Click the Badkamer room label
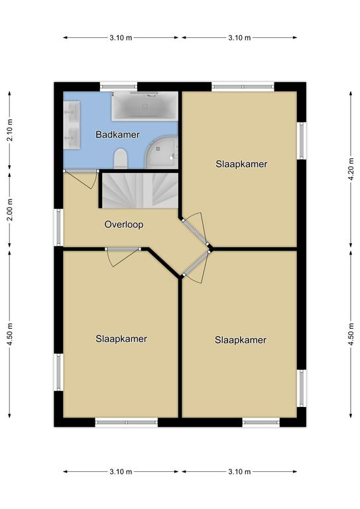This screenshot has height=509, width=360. (x=117, y=135)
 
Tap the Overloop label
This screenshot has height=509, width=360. (x=124, y=225)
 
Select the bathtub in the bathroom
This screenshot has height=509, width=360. (x=145, y=106)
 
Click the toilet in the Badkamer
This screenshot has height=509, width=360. (x=121, y=159)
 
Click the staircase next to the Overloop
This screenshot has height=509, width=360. (x=141, y=191)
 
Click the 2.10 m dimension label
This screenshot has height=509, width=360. (x=10, y=131)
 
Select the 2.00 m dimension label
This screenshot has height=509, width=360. (x=10, y=209)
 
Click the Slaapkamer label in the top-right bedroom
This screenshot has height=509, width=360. (x=241, y=164)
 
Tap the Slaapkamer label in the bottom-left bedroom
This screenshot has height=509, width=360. (x=121, y=339)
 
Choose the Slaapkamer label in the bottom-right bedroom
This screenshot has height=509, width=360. (x=241, y=340)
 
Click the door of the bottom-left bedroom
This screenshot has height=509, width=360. (x=123, y=249)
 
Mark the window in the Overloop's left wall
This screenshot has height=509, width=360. (x=59, y=227)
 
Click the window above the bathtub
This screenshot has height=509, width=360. (x=119, y=87)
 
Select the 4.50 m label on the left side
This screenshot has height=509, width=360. (x=10, y=334)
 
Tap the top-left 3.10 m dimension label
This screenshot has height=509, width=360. (x=121, y=38)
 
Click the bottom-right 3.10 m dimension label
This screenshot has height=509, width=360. (x=239, y=472)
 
